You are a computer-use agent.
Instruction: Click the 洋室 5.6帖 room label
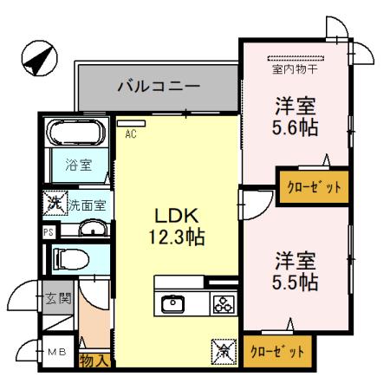click(294, 118)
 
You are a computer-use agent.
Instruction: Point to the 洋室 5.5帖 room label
click(295, 270)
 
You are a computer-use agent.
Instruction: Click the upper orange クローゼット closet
click(309, 185)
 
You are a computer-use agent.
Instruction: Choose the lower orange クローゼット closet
click(276, 352)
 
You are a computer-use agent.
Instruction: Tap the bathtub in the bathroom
click(75, 133)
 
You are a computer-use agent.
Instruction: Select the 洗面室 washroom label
click(87, 205)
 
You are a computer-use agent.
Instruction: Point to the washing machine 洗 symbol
click(53, 204)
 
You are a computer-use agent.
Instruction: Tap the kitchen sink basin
click(172, 303)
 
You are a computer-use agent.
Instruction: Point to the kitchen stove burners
click(223, 304)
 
